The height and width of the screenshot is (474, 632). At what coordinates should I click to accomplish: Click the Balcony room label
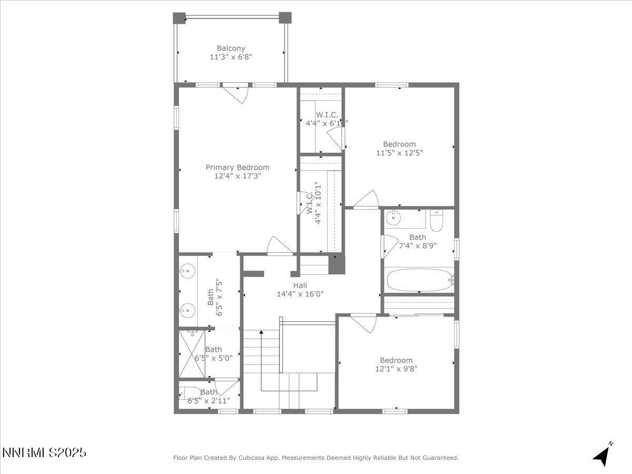(231, 48)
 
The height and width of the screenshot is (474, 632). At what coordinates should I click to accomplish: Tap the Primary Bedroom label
(237, 167)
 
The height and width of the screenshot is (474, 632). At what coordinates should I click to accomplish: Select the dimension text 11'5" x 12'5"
(399, 153)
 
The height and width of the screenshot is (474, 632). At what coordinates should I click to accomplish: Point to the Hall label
(300, 285)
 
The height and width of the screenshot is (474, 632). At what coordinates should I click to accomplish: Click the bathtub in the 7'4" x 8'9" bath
(420, 280)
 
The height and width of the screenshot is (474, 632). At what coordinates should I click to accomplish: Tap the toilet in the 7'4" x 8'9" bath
(437, 221)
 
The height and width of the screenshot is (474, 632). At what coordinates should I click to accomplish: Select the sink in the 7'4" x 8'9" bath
(393, 218)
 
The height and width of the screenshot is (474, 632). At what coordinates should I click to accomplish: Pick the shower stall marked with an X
(192, 353)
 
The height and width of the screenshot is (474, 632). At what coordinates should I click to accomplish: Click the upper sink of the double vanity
(186, 272)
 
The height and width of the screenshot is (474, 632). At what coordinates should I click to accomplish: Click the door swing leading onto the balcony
(235, 94)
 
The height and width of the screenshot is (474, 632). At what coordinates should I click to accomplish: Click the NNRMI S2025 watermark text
(44, 452)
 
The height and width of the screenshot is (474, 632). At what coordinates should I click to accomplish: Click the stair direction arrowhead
(261, 332)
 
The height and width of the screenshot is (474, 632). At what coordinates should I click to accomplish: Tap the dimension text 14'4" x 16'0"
(300, 294)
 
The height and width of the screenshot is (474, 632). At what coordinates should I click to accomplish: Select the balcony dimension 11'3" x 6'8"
(231, 57)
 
